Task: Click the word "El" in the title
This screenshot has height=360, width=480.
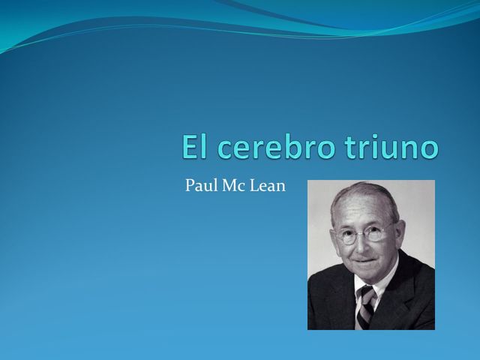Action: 194,147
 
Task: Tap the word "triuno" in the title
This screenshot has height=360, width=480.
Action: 391,147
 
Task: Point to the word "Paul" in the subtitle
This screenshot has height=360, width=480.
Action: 200,186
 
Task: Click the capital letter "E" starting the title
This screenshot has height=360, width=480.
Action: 190,147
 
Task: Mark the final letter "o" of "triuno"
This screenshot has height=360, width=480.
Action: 428,149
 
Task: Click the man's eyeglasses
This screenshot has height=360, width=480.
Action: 364,234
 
